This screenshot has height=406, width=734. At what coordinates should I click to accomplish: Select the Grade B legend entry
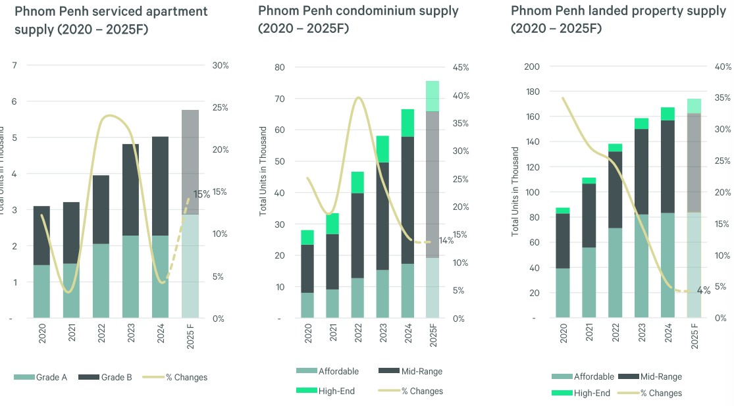[x=116, y=377]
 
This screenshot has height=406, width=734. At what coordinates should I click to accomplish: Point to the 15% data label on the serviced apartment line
[x=201, y=194]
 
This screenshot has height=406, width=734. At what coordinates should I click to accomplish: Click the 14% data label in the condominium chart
[x=446, y=241]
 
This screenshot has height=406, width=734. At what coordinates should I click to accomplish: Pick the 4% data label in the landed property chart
[x=704, y=290]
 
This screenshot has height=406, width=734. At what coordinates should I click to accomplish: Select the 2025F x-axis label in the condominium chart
[x=433, y=341]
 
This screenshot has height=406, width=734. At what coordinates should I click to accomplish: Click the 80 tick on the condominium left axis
[x=279, y=67]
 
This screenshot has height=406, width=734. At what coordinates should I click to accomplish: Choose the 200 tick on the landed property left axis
[x=532, y=66]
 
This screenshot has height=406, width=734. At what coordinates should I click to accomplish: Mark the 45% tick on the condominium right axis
[x=461, y=67]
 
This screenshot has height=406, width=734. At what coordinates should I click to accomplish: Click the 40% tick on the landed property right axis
[x=723, y=66]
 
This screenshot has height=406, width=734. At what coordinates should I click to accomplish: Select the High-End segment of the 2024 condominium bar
[x=407, y=123]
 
